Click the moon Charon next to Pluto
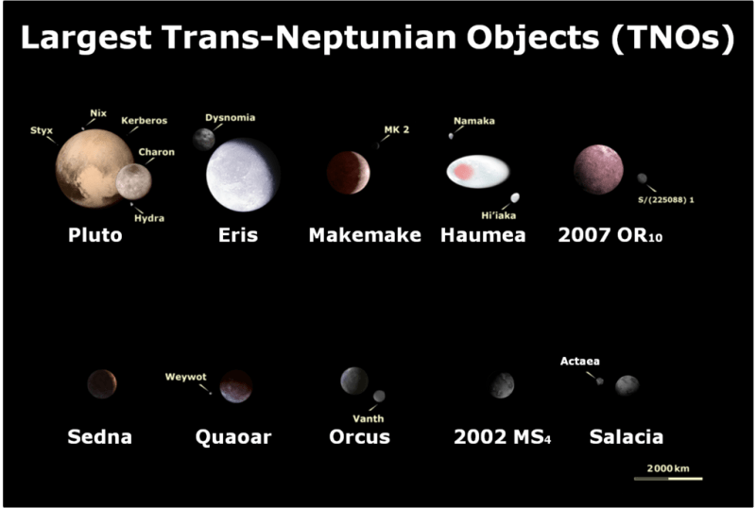coord(133,181)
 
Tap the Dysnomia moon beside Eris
coord(204,140)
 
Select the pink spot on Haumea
coord(464,172)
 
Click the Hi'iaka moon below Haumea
coord(515,197)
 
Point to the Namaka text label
coord(474,121)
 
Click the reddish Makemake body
coord(349,173)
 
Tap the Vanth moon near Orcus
coord(379,396)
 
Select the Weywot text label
coord(185,377)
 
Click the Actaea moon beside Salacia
coord(600,381)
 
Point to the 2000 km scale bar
coord(668,479)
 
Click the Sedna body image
coord(102,384)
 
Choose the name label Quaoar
coord(233,437)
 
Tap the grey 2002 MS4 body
coord(502,385)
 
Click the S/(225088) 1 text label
coord(666,200)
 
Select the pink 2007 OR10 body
coord(598,170)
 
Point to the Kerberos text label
coord(145,121)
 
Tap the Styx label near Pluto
coord(42,130)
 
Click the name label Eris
coord(238,235)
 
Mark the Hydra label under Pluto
coord(149,218)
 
